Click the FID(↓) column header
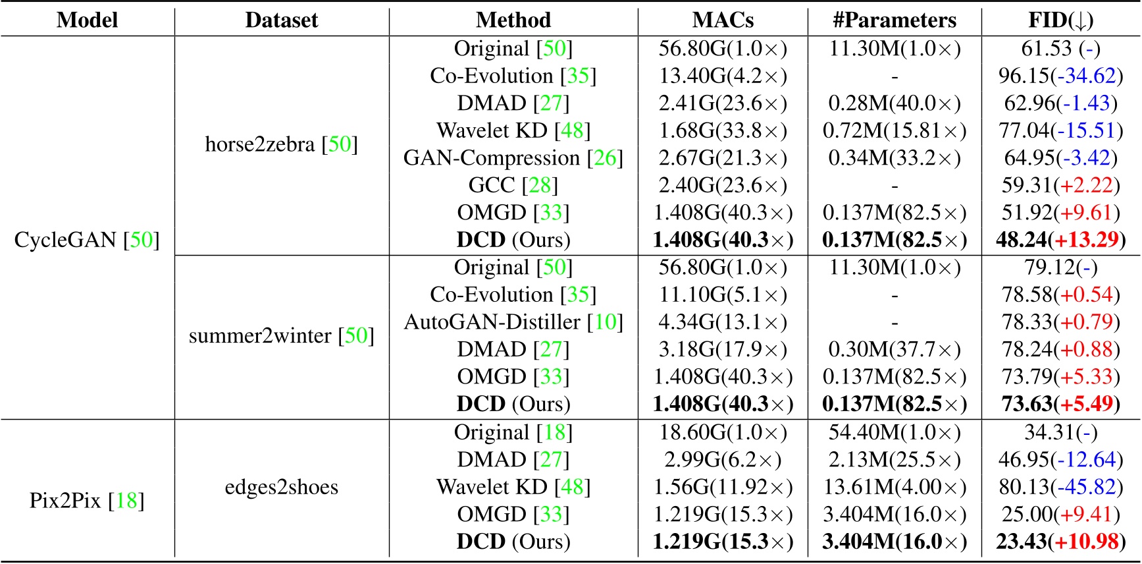pos(1060,20)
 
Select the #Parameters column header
pos(895,20)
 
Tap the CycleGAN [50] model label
pos(87,239)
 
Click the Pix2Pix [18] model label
pos(87,501)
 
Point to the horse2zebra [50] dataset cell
pos(281,144)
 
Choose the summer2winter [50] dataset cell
pos(281,335)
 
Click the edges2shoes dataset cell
pos(281,487)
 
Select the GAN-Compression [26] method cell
pos(513,158)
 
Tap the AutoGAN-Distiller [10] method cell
pos(513,322)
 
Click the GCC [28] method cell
pos(513,185)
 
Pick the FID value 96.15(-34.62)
pos(1060,76)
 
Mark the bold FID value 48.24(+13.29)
pos(1060,240)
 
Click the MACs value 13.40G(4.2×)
pos(723,76)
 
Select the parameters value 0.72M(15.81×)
pos(895,130)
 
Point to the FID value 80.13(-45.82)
pos(1060,487)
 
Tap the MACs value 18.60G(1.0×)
pos(723,432)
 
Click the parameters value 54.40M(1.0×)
pos(895,432)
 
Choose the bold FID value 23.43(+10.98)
pos(1060,542)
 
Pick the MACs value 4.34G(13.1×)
pos(723,322)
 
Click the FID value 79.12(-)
pos(1060,268)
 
